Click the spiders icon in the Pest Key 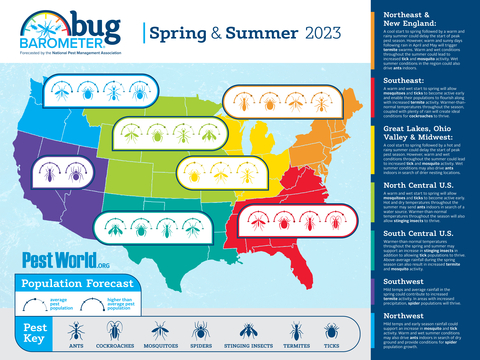pos(200,329)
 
